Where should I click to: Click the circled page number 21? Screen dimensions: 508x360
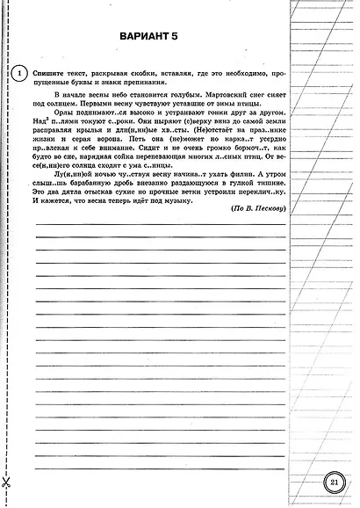point(334,483)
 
